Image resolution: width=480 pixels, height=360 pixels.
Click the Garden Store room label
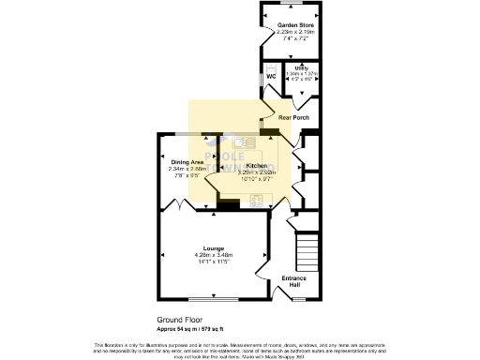(x=289, y=24)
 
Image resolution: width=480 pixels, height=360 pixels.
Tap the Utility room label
(x=301, y=68)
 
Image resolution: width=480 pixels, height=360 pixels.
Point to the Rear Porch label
(x=294, y=117)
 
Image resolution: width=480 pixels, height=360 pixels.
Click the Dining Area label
(x=187, y=162)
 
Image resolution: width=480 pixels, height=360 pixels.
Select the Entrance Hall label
(x=294, y=281)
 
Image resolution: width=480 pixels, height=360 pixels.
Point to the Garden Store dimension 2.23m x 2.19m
(x=289, y=32)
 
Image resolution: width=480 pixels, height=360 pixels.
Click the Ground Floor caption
(x=175, y=319)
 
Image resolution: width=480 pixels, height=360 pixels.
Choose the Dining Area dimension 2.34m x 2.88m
(x=187, y=169)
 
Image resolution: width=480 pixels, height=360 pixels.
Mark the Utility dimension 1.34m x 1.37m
(x=301, y=74)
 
